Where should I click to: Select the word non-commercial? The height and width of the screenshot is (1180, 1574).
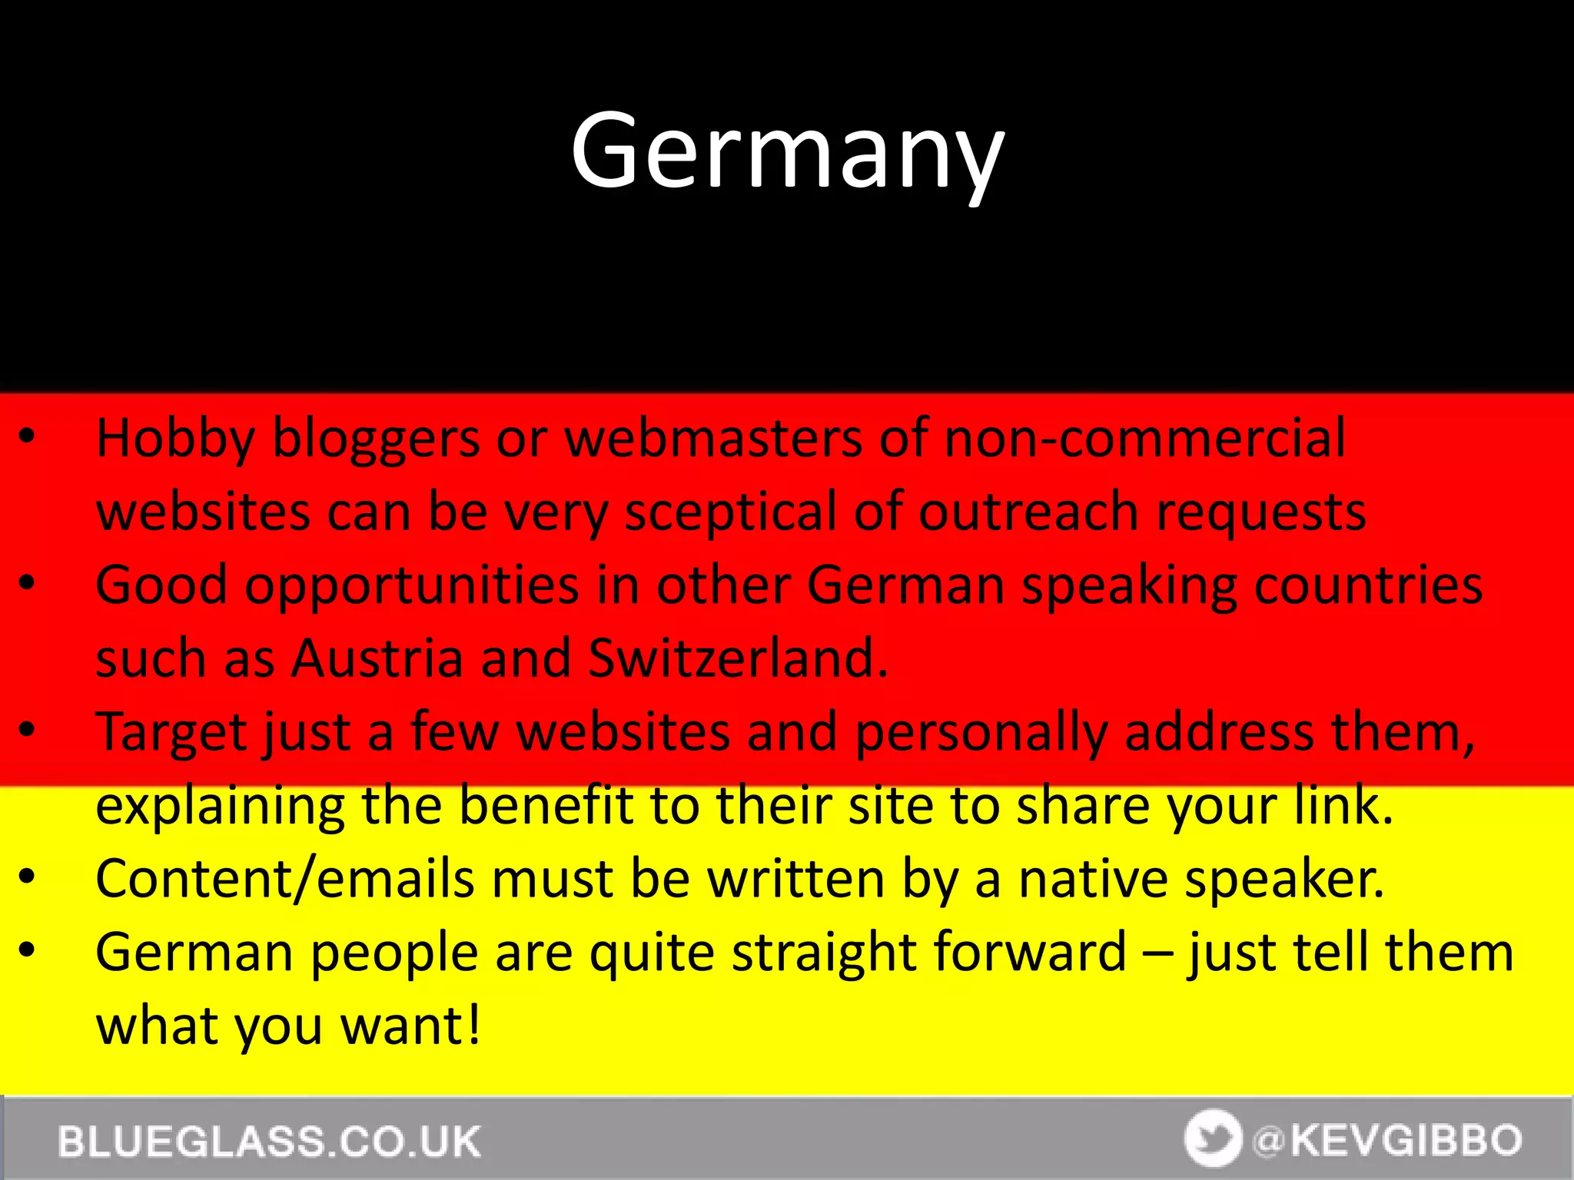click(1144, 439)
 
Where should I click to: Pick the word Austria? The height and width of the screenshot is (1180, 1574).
click(377, 658)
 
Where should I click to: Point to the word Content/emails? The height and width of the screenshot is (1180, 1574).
click(284, 879)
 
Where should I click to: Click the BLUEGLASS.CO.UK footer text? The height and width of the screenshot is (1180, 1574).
click(269, 1141)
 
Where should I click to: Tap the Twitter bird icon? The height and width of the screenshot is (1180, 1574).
click(1213, 1139)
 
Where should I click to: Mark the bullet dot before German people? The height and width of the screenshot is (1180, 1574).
click(28, 950)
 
